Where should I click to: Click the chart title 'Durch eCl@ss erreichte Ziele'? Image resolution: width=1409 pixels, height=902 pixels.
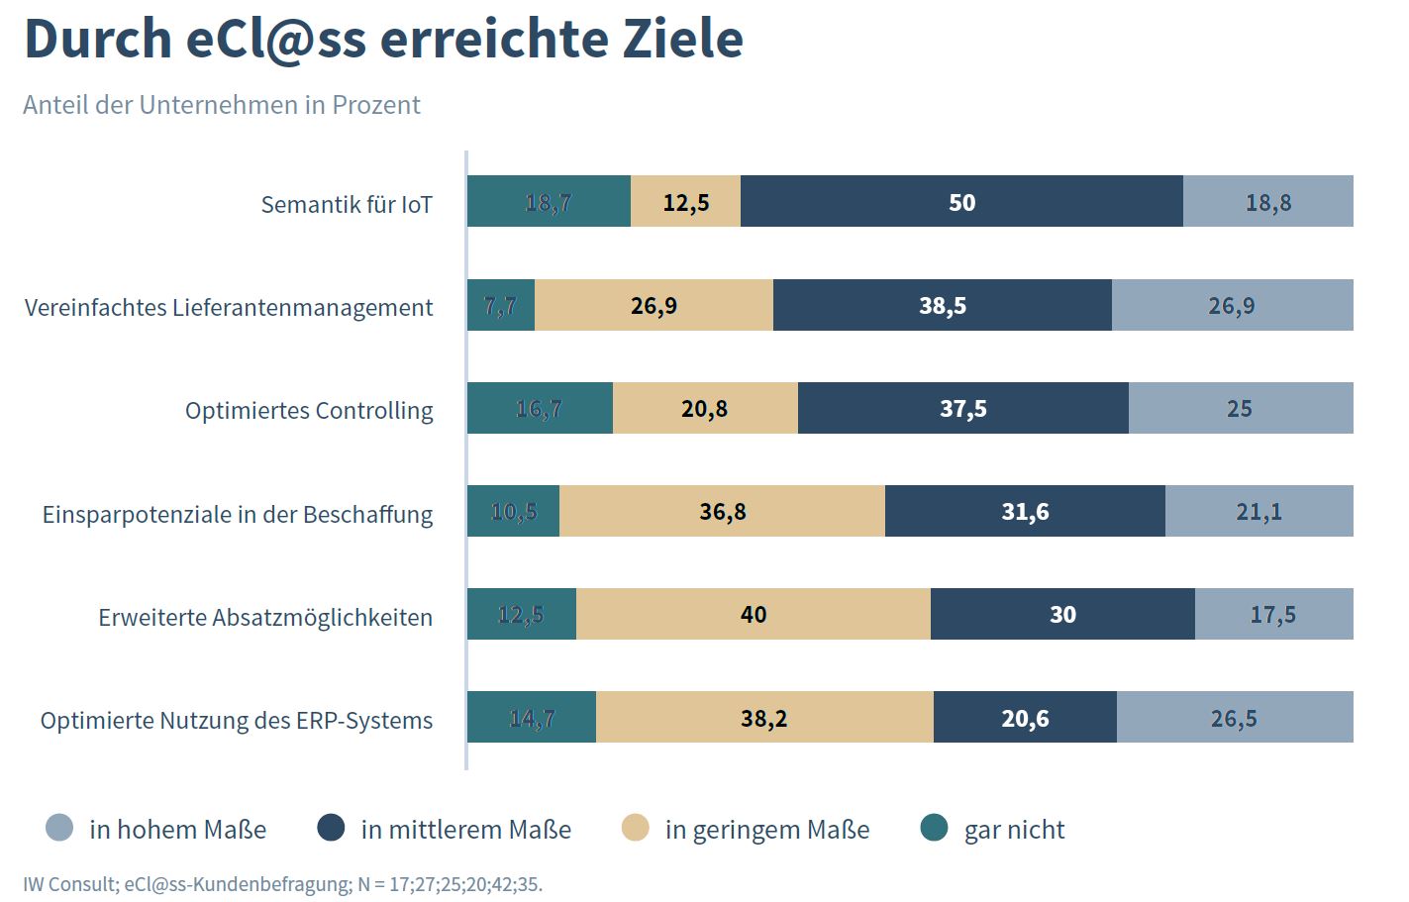pos(383,40)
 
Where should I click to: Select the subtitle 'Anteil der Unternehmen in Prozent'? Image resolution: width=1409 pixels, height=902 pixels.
pos(222,105)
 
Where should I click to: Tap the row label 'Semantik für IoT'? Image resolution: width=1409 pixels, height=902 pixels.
pos(347,204)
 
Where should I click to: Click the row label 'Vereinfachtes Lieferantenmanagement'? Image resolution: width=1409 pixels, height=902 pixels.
pos(229,307)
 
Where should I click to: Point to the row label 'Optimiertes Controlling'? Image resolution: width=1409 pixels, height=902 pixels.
pos(309,410)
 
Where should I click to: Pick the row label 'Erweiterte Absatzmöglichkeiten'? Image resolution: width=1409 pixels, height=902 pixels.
pos(265,617)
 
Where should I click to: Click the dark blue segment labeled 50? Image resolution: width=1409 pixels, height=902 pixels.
pos(961,201)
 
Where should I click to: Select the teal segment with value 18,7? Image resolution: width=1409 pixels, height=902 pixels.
pos(549,201)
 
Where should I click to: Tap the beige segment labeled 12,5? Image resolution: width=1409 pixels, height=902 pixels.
pos(685,201)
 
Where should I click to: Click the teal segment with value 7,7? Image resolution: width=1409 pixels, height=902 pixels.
pos(501,305)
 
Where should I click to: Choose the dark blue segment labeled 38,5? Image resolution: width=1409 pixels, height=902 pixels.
pos(942,305)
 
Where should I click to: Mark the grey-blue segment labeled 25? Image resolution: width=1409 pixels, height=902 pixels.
pos(1240,408)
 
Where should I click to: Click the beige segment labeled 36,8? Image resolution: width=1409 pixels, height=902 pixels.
pos(722,511)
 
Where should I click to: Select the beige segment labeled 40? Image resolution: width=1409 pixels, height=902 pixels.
pos(753,614)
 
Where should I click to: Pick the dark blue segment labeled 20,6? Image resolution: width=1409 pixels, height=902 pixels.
pos(1025,717)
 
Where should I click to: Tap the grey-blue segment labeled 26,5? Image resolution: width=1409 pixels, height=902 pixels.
pos(1234,717)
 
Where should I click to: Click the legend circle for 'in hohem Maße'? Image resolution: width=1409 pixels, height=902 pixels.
pos(59,828)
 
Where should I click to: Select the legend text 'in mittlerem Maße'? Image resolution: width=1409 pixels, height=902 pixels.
pos(465,829)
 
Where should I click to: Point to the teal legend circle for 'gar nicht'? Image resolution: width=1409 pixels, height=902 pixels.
pos(934,828)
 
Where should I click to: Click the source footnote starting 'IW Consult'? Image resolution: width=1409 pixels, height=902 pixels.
pos(282,883)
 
